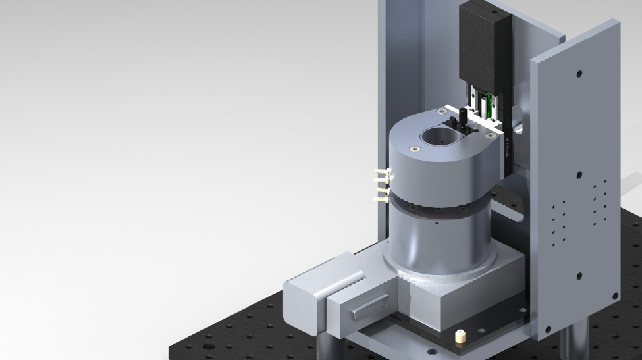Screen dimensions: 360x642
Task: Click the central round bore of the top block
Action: [436, 137]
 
